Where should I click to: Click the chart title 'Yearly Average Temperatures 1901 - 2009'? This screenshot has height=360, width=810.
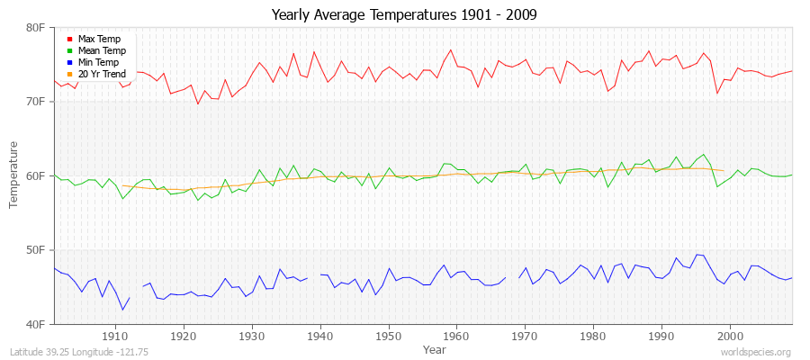[x=405, y=15]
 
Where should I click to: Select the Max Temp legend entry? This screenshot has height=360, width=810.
[x=99, y=40]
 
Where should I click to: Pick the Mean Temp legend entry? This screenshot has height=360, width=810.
[x=101, y=51]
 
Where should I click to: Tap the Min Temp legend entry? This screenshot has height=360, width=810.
[x=98, y=63]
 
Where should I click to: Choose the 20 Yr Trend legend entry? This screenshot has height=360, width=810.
[x=102, y=75]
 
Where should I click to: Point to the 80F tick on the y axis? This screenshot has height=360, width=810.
[x=36, y=28]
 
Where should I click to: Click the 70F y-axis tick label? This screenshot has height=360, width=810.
[x=36, y=102]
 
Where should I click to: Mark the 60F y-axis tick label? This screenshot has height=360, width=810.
[x=36, y=175]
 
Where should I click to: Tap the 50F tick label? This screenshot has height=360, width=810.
[x=36, y=249]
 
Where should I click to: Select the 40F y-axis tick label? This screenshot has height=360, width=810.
[x=36, y=323]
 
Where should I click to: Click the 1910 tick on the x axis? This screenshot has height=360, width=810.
[x=115, y=336]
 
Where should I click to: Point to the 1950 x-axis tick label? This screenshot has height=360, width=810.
[x=388, y=336]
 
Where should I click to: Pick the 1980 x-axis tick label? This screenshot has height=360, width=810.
[x=593, y=336]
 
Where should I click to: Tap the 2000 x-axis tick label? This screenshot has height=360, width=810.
[x=730, y=336]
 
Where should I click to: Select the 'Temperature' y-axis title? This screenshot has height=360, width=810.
[x=14, y=175]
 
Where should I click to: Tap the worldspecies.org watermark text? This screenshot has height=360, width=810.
[x=756, y=353]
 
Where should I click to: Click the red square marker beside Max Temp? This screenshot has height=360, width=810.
[x=70, y=40]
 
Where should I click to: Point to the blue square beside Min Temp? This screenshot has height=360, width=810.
[x=70, y=63]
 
